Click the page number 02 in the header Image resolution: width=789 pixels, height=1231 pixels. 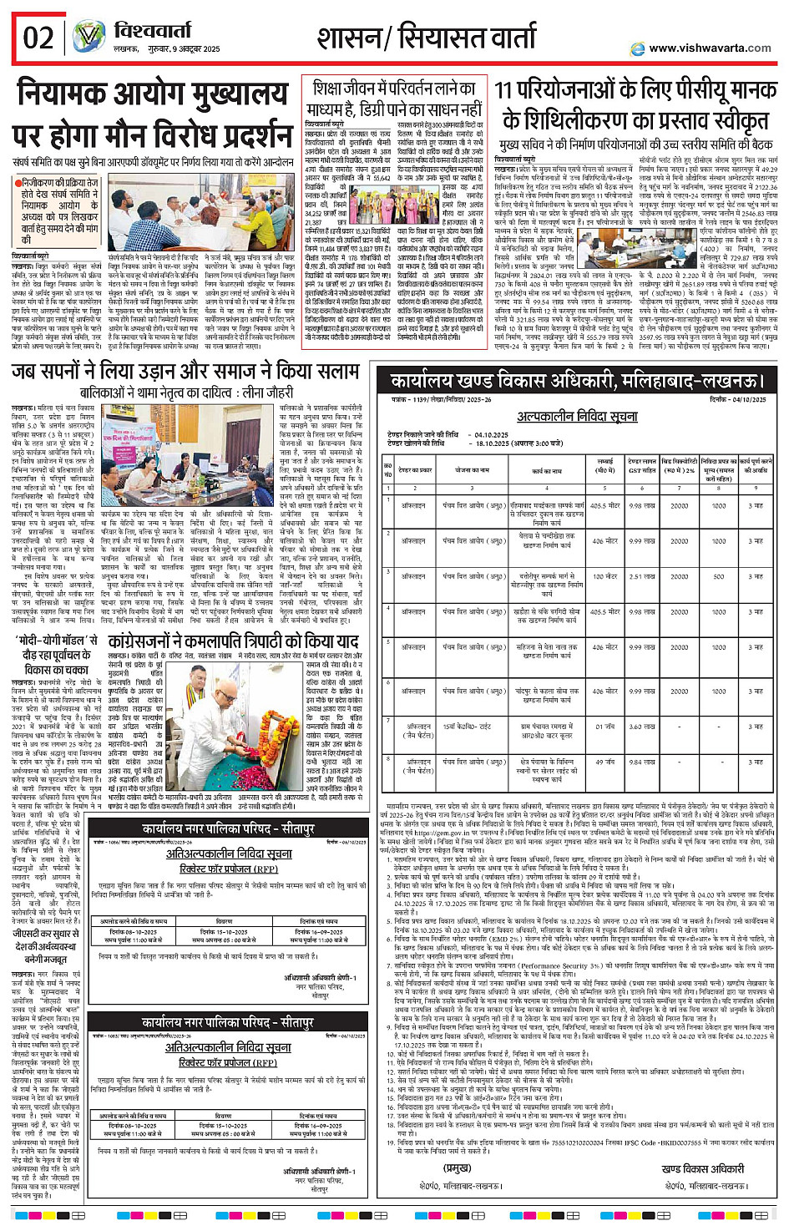click(x=38, y=38)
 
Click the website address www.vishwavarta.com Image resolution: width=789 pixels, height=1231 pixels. click(x=709, y=48)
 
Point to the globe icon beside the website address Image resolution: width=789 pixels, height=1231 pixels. click(x=638, y=48)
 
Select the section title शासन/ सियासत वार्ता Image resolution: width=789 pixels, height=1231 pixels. click(x=426, y=38)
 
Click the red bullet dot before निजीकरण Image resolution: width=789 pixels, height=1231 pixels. click(x=18, y=182)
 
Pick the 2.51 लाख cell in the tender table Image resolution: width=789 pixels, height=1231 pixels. click(x=641, y=576)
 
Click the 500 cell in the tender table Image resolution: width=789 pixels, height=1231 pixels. click(x=719, y=576)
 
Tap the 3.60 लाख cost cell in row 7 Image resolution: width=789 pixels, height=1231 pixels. click(x=641, y=727)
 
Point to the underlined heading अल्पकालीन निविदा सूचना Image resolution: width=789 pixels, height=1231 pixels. click(x=576, y=416)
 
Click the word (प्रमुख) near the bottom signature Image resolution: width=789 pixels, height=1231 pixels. click(x=457, y=1168)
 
